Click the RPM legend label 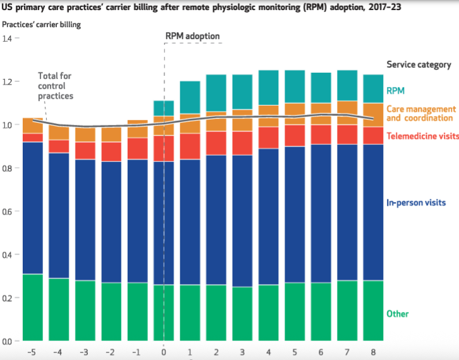[396, 90]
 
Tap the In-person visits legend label [416, 202]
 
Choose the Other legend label [397, 314]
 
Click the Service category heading [418, 65]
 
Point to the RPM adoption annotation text [192, 36]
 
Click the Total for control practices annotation [55, 85]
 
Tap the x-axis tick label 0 [164, 352]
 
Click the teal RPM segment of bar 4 [268, 87]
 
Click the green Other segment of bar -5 [32, 307]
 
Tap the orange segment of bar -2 [111, 134]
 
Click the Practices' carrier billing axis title [41, 25]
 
